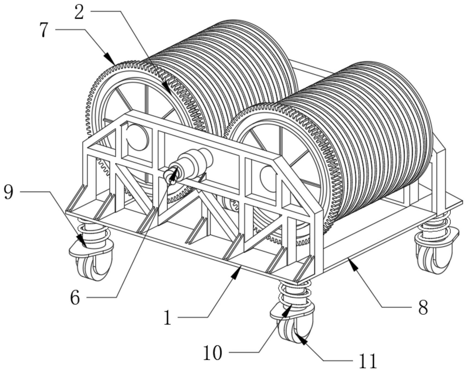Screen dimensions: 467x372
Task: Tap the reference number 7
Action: (45, 30)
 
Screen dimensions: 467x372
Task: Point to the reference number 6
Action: (75, 298)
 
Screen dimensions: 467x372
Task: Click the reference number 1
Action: (168, 318)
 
